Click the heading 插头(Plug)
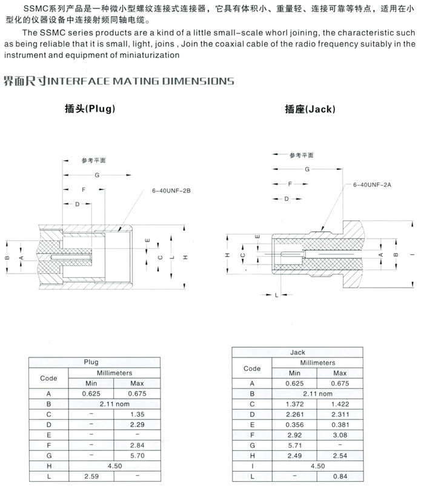point(90,109)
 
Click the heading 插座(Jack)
point(310,109)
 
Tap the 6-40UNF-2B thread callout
point(171,191)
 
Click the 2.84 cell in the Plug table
point(137,444)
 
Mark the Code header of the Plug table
point(48,377)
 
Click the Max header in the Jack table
point(340,373)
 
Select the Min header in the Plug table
point(91,383)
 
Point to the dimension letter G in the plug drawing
point(96,175)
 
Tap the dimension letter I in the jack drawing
point(412,255)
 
